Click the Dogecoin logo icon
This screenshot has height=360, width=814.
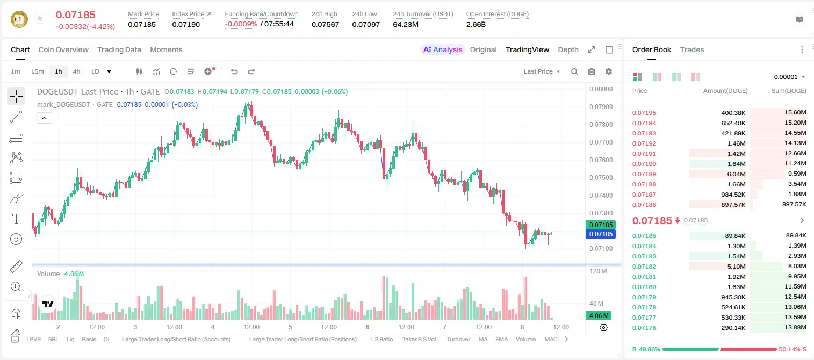click(x=19, y=19)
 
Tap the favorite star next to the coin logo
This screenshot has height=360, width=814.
click(x=40, y=18)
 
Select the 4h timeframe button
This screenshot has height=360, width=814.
click(x=76, y=71)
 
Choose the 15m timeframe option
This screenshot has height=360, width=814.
click(x=38, y=71)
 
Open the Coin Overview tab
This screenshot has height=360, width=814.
click(x=63, y=49)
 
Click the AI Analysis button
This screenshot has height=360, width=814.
click(x=443, y=49)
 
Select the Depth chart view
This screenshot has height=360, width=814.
click(x=568, y=49)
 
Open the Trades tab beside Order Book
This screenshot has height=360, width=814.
click(x=692, y=49)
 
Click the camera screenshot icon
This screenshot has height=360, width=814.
click(x=592, y=71)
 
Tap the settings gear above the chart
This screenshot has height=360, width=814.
click(x=609, y=71)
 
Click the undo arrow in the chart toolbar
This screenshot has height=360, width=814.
click(x=234, y=71)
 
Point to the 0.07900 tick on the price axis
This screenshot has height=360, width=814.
click(x=601, y=107)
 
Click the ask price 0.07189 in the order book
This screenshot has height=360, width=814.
click(x=644, y=174)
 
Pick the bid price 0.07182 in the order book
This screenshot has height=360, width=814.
click(x=644, y=267)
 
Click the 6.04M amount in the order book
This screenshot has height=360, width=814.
click(x=736, y=174)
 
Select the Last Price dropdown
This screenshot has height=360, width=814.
click(x=542, y=71)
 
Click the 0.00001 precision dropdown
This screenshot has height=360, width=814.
click(x=789, y=77)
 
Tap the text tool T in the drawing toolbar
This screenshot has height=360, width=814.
click(x=16, y=219)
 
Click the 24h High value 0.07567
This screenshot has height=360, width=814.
click(x=325, y=24)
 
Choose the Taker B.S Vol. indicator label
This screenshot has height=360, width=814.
click(x=419, y=339)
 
